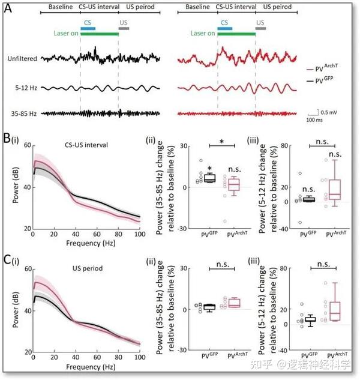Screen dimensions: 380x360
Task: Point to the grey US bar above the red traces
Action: point(260,28)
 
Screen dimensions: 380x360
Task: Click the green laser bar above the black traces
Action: point(100,34)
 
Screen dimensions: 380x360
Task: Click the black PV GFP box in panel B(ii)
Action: point(193,178)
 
